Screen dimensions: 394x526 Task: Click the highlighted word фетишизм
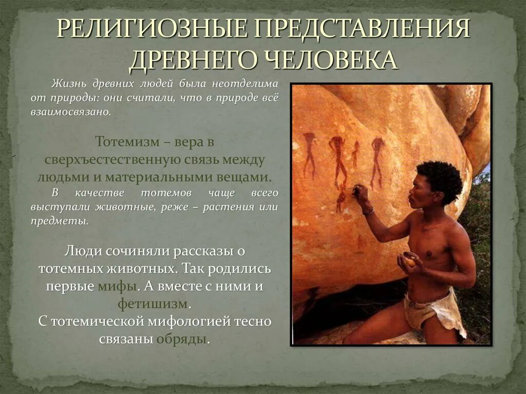coord(154,304)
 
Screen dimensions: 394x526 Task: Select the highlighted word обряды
coord(183,339)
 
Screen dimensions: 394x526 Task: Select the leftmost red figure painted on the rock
coord(309,154)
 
